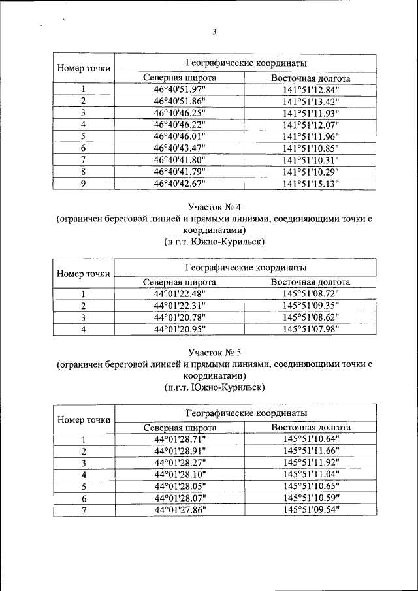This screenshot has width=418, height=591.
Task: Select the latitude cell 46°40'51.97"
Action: pos(180,89)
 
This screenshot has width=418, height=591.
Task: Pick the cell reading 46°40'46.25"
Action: pos(180,113)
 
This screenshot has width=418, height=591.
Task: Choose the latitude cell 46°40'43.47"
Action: pos(180,148)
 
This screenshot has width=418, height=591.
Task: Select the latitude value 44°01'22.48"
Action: pos(180,294)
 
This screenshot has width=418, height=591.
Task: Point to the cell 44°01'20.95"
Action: pos(180,328)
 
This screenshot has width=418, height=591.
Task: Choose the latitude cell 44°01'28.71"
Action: pos(180,439)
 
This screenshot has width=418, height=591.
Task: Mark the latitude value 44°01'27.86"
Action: pos(180,510)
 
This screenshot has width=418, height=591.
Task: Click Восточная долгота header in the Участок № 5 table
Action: pos(310,428)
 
